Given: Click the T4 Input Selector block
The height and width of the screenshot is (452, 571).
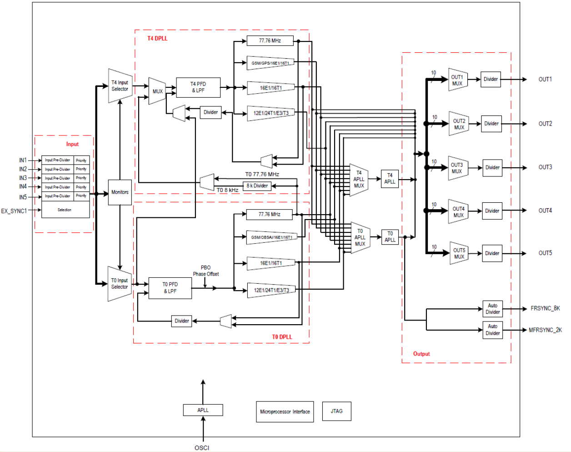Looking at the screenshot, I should (120, 86).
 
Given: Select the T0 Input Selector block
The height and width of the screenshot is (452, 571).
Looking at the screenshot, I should (120, 284).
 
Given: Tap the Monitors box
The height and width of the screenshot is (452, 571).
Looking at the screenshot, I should (120, 192).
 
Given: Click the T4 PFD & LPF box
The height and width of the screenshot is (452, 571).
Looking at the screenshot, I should (198, 87).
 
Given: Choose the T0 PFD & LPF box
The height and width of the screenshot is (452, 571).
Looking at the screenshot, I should (170, 288).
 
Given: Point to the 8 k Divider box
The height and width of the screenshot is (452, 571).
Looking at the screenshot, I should (257, 186).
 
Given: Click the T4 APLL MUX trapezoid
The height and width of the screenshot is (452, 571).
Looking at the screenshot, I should (359, 180).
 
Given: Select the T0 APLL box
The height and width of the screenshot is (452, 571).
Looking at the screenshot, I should (390, 237).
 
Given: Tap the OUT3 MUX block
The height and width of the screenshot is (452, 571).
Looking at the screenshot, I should (457, 168).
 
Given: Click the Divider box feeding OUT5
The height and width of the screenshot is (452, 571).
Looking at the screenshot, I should (492, 253).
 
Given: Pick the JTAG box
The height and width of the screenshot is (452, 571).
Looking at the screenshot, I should (336, 411).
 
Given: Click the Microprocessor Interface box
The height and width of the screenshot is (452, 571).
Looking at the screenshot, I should (285, 412).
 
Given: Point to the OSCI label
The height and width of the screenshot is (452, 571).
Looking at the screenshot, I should (202, 447).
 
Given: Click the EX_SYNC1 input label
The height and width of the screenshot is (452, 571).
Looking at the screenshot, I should (14, 211).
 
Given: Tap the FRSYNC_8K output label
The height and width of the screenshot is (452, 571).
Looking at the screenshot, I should (545, 308).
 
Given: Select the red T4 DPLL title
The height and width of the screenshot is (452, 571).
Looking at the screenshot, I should (157, 39).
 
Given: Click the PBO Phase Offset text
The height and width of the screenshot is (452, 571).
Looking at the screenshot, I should (206, 271).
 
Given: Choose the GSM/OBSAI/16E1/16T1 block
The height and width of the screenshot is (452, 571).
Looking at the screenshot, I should (272, 237).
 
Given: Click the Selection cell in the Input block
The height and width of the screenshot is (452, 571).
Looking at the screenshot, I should (65, 210).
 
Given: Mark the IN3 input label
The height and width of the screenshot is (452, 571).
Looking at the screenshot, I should (23, 178).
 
